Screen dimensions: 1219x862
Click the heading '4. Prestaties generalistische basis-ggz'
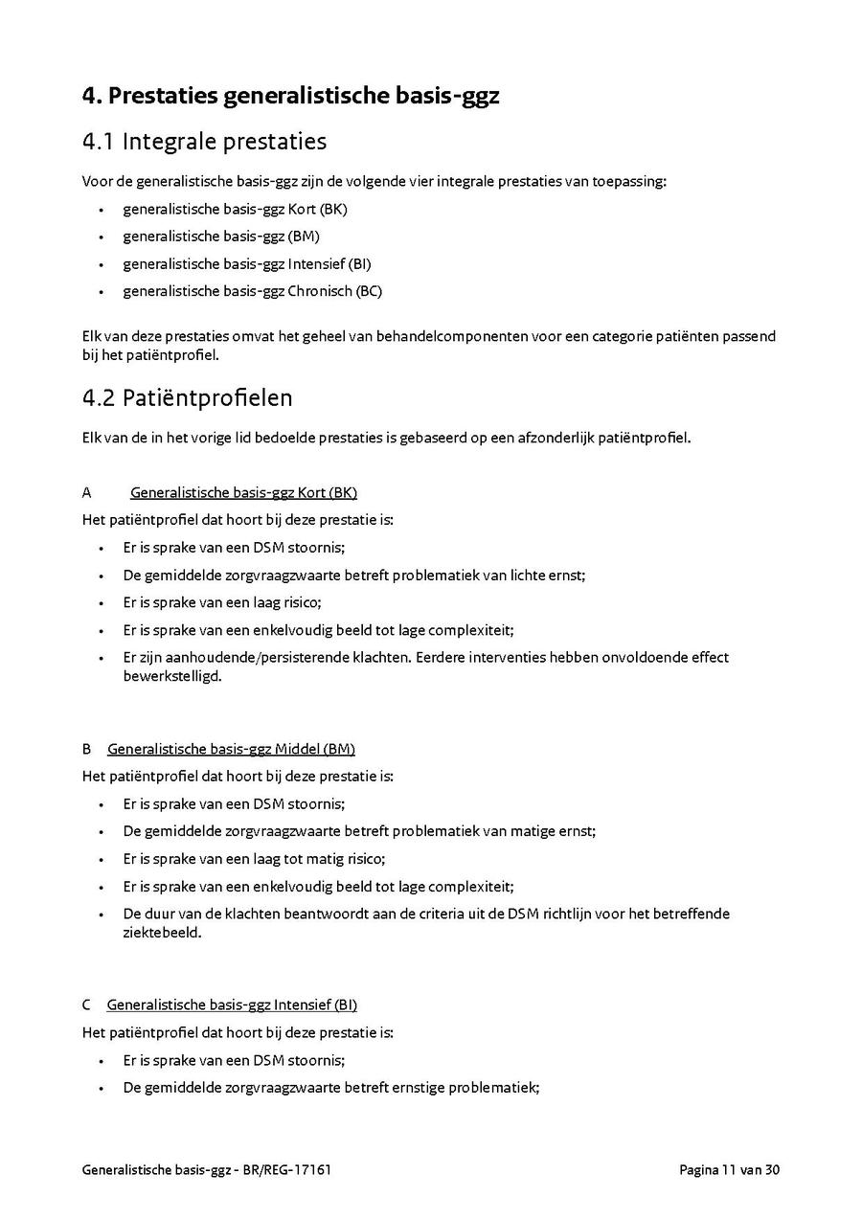[290, 97]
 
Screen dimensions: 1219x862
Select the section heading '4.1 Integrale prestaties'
[204, 142]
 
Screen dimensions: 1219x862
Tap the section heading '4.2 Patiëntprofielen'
[188, 396]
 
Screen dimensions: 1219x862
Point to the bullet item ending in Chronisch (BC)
[252, 291]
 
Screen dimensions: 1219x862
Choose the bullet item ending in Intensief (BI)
[246, 264]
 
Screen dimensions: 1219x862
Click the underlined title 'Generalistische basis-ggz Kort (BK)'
[243, 493]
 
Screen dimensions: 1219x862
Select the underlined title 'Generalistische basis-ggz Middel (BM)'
[231, 749]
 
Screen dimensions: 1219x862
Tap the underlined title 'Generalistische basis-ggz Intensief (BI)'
[232, 1005]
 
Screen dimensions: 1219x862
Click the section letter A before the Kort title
[87, 493]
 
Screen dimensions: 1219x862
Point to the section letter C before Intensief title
[87, 1005]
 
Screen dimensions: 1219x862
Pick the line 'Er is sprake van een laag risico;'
[221, 602]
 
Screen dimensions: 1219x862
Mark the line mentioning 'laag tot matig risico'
[254, 859]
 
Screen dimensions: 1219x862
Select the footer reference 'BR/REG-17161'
[287, 1169]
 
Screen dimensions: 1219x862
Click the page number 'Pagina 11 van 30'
[730, 1169]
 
